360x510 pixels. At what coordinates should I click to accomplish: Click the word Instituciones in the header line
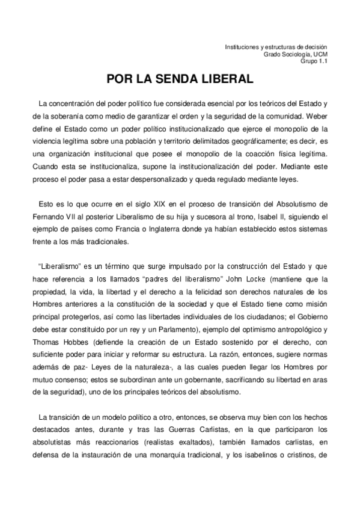pyautogui.click(x=243, y=47)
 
